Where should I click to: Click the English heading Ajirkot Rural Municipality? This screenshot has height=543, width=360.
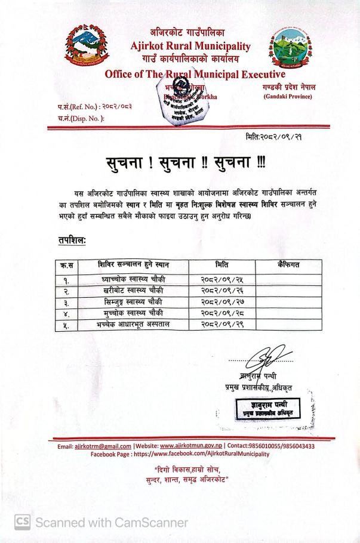(x=190, y=46)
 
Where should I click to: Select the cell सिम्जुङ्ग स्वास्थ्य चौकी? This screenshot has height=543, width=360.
(x=130, y=303)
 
